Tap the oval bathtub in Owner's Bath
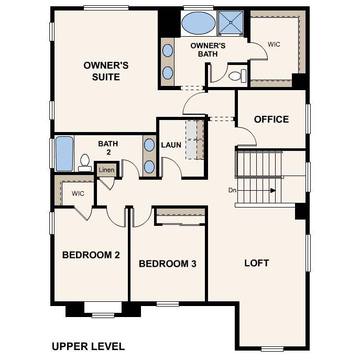coord(198,23)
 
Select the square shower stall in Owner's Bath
coord(231,23)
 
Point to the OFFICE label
coord(271,119)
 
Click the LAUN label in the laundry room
coord(171,145)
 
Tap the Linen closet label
coord(106,170)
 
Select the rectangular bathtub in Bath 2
coord(64,154)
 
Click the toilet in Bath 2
coord(84,163)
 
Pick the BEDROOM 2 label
coord(91,255)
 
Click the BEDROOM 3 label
coord(167,264)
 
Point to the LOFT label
coord(257,263)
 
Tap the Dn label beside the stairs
coord(233,190)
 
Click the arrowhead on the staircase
coord(272,191)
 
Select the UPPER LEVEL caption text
coord(88,346)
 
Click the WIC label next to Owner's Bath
coord(274,45)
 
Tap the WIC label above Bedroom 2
coord(78,193)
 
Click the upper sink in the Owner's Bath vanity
coord(168,51)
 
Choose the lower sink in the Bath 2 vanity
coord(149,167)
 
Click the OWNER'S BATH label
coord(208,49)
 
